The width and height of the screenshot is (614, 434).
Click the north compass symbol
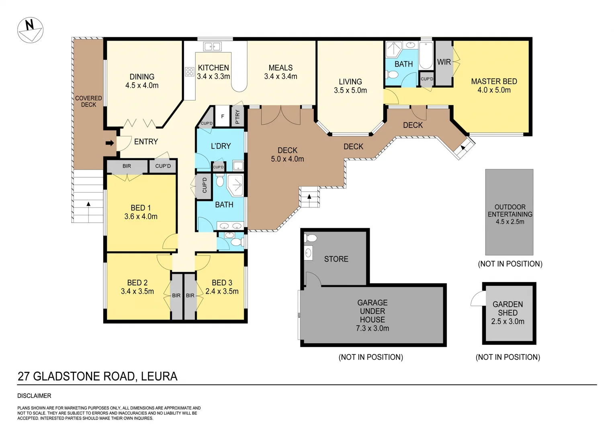pos(30,30)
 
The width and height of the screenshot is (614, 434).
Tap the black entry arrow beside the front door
pos(109,143)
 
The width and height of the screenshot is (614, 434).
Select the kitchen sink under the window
pos(212,47)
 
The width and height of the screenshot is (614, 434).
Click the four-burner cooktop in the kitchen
pos(189,72)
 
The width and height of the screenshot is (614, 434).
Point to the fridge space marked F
pos(223,117)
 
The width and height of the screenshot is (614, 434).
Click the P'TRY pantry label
pos(237,117)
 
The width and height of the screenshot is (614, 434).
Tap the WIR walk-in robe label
pos(444,62)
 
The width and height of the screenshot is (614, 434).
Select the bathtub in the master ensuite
pos(426,55)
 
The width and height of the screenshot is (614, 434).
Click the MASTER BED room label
pos(494,81)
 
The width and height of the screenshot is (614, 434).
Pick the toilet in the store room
pos(311,238)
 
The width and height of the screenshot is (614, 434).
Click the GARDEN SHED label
pos(508,308)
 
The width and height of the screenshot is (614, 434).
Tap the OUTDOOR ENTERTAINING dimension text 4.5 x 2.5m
pos(510,222)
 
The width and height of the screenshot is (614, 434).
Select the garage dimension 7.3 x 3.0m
pos(372,328)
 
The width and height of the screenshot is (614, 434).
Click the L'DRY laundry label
pos(221,146)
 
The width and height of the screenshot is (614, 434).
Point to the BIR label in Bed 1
pos(127,166)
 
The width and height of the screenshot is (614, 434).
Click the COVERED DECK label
pos(88,101)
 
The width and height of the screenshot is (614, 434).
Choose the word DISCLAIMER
pos(34,396)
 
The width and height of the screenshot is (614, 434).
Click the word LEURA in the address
pos(159,376)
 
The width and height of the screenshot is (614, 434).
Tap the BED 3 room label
pos(222,283)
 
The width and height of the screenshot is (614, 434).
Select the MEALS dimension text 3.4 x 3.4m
pos(280,76)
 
